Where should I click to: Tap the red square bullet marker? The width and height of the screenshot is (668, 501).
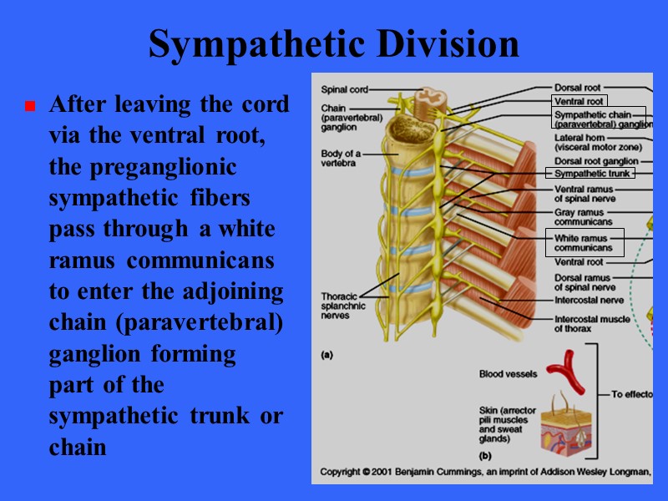tap(29, 107)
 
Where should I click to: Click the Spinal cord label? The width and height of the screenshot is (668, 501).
tap(343, 89)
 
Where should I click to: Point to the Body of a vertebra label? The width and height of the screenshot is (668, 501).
tap(341, 159)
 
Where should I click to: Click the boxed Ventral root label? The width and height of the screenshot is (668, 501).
tap(579, 101)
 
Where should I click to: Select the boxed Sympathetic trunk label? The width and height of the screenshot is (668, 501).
tap(589, 174)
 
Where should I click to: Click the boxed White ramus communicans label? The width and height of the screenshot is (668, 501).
tap(583, 243)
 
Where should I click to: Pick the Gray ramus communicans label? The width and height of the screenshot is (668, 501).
tap(583, 217)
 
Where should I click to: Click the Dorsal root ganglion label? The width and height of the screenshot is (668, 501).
tap(596, 161)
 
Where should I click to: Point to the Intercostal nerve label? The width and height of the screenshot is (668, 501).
tap(588, 300)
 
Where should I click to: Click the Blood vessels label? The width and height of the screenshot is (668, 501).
tap(508, 374)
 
